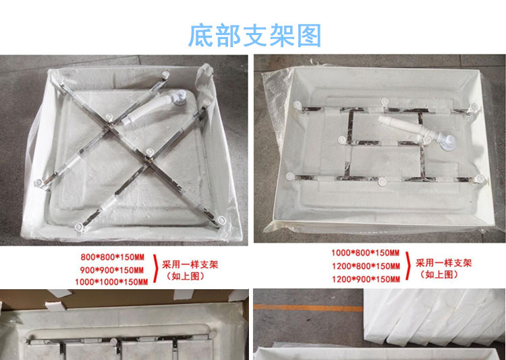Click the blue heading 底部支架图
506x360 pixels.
(x=254, y=35)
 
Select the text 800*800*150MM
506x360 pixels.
(x=113, y=258)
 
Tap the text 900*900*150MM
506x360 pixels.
(x=112, y=270)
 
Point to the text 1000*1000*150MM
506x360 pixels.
(x=111, y=282)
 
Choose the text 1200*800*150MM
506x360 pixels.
(x=366, y=266)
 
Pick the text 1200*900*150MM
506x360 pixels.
(x=366, y=279)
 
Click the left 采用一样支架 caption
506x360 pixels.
(x=190, y=265)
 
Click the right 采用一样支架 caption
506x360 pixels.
(x=444, y=263)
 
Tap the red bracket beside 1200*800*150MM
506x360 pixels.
(x=408, y=266)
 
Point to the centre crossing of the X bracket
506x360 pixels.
(x=111, y=129)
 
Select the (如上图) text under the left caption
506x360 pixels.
(x=186, y=276)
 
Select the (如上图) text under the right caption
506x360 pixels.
(x=439, y=274)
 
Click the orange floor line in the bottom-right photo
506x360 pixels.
(x=308, y=308)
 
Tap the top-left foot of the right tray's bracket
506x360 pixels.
(x=298, y=105)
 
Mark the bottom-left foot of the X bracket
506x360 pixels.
(x=80, y=227)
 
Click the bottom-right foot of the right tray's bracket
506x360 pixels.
(x=480, y=179)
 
